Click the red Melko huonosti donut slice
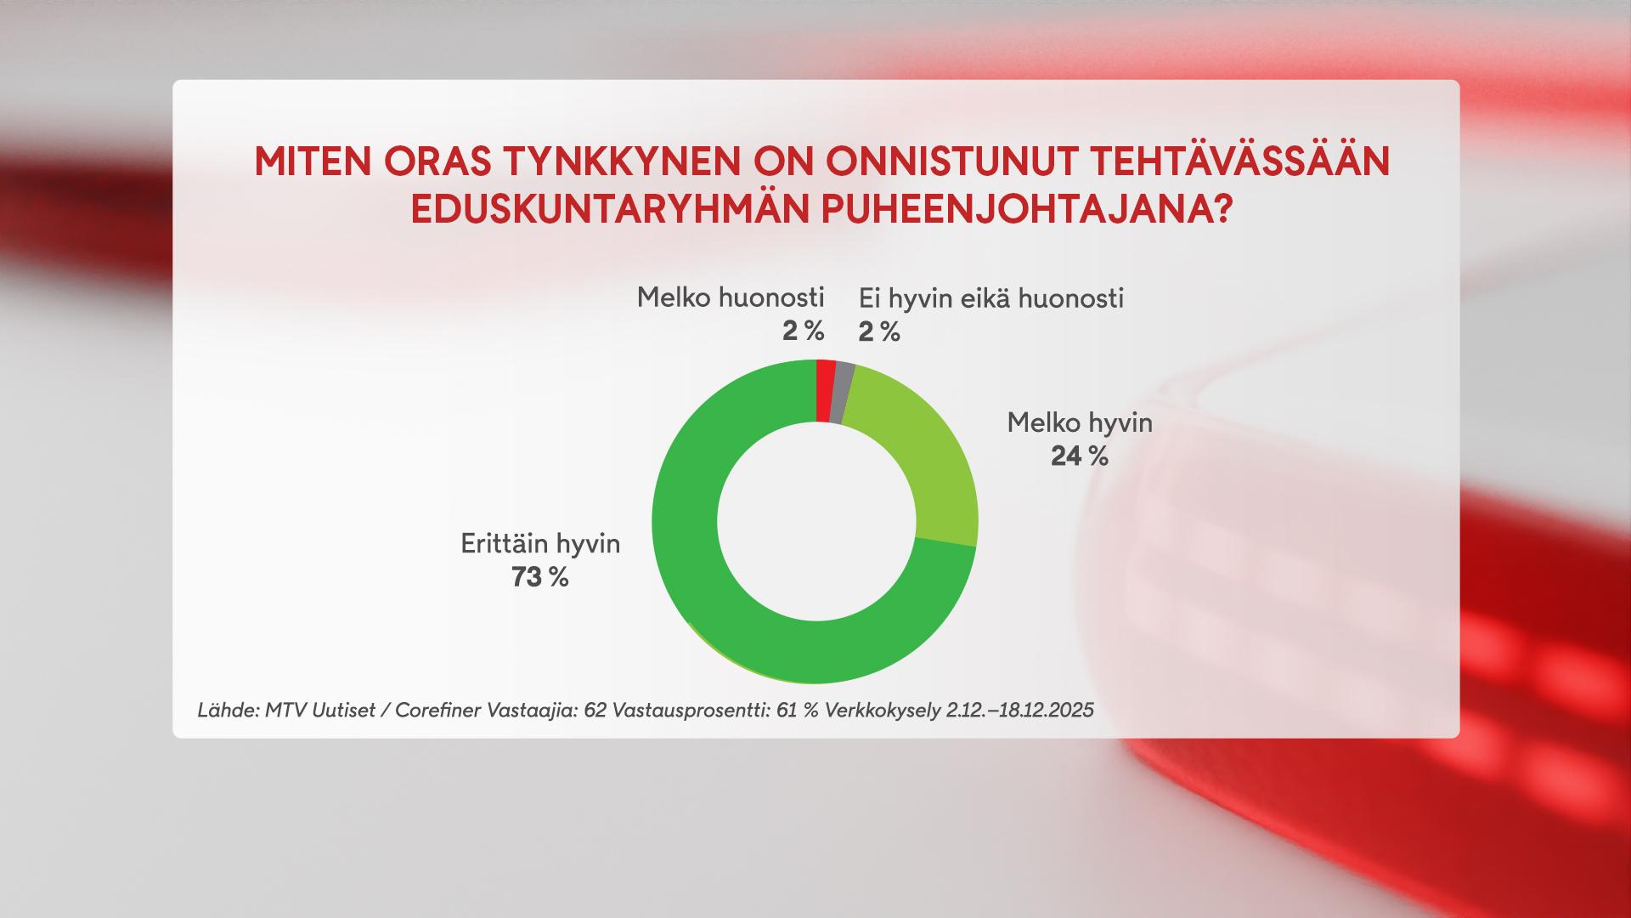825,391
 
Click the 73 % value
539,578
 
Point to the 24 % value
1080,456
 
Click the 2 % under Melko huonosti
804,331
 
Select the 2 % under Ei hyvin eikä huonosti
879,332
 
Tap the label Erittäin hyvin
540,544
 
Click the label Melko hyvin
1080,422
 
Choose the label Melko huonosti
731,297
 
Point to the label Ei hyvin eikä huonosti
991,298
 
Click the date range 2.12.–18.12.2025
1019,710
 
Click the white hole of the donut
815,522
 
